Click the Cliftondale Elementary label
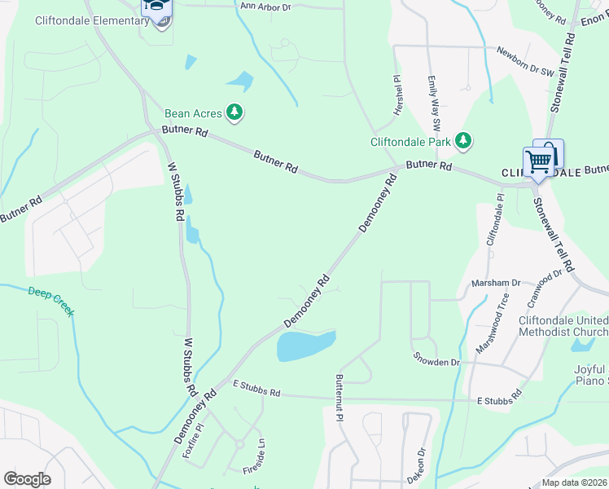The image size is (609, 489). coord(91,20)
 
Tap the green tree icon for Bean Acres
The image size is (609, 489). coord(234,113)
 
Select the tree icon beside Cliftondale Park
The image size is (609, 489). coord(463,142)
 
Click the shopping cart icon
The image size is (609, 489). coord(538,162)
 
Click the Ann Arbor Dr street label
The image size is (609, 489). coord(265,7)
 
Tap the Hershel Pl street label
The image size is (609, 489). coord(398,95)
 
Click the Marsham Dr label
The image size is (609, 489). coord(496,283)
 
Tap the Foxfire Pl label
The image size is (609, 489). coord(192,441)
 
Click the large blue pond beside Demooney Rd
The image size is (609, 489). coord(303,346)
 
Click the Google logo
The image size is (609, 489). coord(27,479)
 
